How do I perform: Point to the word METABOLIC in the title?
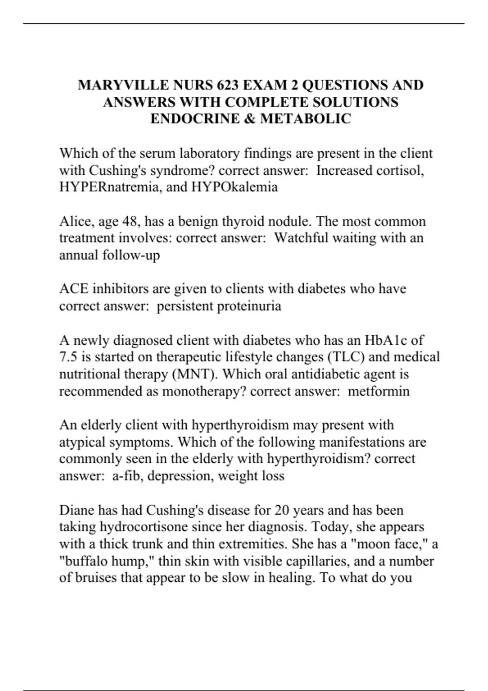[305, 119]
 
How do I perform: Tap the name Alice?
[72, 221]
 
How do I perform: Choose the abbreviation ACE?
[73, 289]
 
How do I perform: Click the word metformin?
[379, 391]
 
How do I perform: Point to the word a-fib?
[127, 476]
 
